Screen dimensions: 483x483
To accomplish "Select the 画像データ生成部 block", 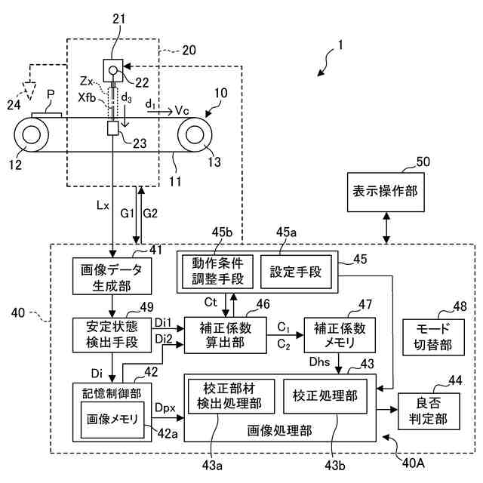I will pyautogui.click(x=112, y=277).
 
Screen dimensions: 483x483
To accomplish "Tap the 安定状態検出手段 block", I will pyautogui.click(x=112, y=334).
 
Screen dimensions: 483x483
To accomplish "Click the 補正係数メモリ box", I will pyautogui.click(x=340, y=334).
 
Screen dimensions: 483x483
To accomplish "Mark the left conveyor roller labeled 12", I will pyautogui.click(x=32, y=137).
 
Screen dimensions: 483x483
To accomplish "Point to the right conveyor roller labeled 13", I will pyautogui.click(x=193, y=137).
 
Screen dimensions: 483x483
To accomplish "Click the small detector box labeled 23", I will pyautogui.click(x=114, y=129).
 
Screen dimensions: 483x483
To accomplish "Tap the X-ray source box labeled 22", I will pyautogui.click(x=113, y=72).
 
